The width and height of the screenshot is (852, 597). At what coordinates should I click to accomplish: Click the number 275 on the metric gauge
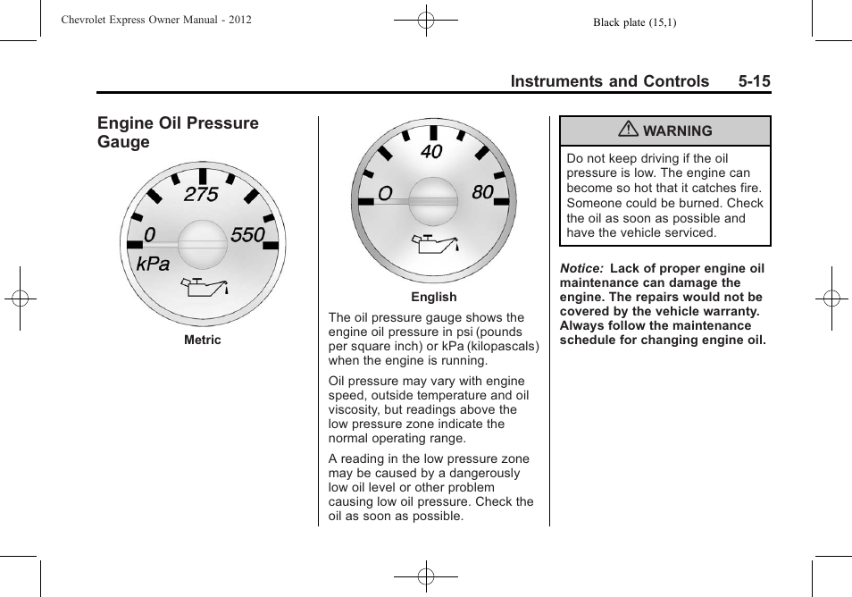pyautogui.click(x=201, y=195)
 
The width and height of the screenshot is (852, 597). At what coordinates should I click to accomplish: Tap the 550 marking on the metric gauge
pyautogui.click(x=247, y=235)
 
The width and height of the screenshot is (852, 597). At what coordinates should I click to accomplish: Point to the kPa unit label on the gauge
pyautogui.click(x=153, y=265)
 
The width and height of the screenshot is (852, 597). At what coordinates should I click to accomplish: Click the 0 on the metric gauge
pyautogui.click(x=149, y=235)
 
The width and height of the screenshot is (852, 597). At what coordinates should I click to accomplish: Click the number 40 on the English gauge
pyautogui.click(x=431, y=152)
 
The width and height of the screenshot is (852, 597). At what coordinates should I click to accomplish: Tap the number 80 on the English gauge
pyautogui.click(x=482, y=192)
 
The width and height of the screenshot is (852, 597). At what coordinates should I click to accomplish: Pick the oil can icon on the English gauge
pyautogui.click(x=435, y=242)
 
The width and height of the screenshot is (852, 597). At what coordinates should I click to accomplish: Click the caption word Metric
pyautogui.click(x=203, y=341)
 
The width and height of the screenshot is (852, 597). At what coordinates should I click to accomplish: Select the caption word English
pyautogui.click(x=434, y=298)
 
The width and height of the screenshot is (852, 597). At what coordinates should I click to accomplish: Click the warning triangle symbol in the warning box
pyautogui.click(x=630, y=130)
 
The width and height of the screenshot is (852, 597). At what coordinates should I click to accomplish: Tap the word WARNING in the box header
pyautogui.click(x=678, y=131)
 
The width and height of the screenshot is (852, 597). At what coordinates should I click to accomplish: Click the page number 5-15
pyautogui.click(x=754, y=81)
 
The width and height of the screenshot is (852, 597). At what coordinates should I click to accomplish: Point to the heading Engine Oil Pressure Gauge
pyautogui.click(x=178, y=132)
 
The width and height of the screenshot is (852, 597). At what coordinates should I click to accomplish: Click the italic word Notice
pyautogui.click(x=581, y=268)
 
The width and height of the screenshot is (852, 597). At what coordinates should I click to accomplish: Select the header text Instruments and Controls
pyautogui.click(x=610, y=81)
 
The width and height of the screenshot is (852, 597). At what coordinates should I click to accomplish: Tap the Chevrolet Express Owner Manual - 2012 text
pyautogui.click(x=157, y=19)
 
